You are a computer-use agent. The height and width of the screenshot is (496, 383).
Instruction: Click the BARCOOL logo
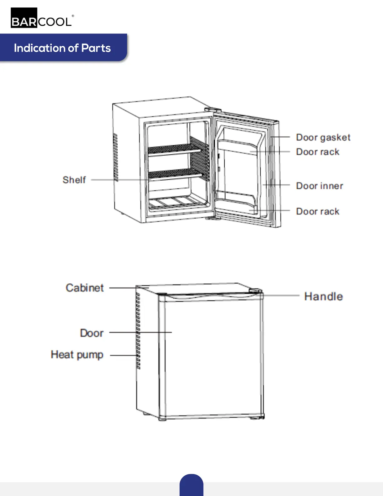pos(42,18)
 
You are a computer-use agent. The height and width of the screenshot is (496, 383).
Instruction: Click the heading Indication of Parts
pos(62,48)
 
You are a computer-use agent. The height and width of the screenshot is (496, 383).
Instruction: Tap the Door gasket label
pos(323,137)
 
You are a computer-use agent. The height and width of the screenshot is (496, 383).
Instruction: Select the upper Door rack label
pos(318,152)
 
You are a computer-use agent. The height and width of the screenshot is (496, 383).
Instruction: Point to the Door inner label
pos(319,186)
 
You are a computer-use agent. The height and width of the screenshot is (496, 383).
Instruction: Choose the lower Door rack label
pos(318,211)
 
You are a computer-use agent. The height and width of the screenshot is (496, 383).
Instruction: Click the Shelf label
pos(74,180)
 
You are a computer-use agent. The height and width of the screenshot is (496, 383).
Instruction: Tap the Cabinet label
pos(84,288)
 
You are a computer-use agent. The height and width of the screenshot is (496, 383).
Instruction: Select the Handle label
pos(323,296)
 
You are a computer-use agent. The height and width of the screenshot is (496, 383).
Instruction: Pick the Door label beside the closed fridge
pos(91,333)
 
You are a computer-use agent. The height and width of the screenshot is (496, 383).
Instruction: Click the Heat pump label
pos(77,355)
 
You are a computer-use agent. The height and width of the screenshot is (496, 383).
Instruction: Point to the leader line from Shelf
pos(119,180)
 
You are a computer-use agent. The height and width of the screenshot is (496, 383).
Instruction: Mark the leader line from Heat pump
pos(123,355)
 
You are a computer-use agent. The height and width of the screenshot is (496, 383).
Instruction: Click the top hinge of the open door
pos(213,110)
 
